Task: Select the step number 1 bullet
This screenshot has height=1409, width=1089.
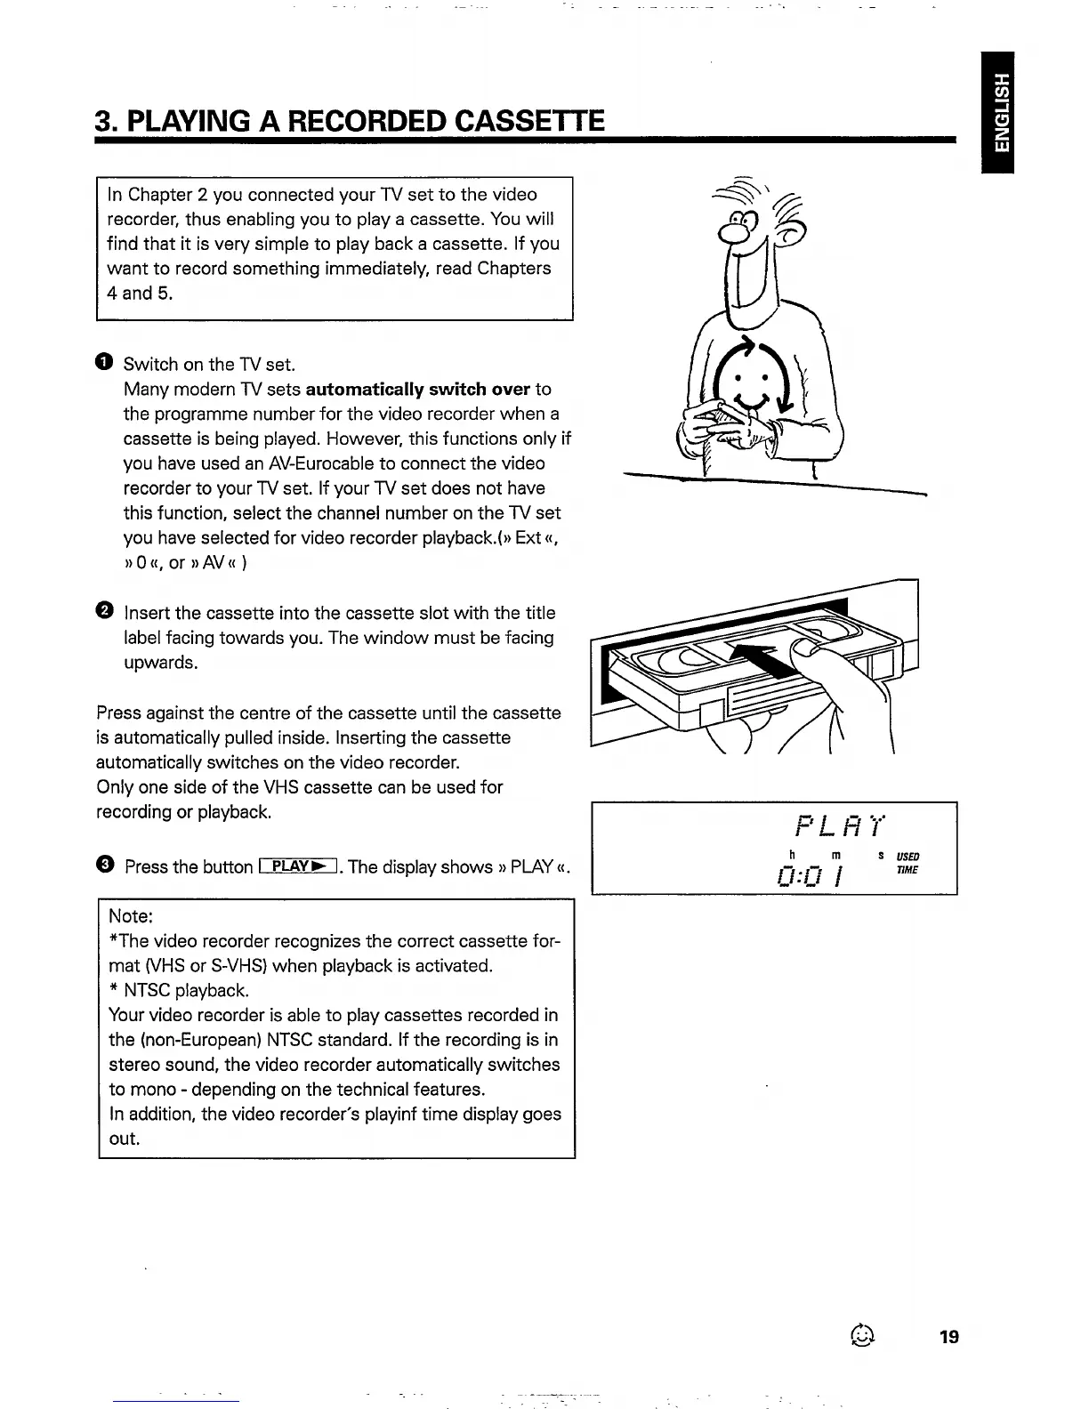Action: [104, 362]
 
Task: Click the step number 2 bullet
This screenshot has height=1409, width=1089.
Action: [104, 611]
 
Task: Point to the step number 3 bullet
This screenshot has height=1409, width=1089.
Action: [104, 865]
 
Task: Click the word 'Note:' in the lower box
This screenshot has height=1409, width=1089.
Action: [132, 916]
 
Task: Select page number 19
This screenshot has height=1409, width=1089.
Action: [948, 1336]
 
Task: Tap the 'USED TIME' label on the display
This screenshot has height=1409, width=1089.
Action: [907, 863]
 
